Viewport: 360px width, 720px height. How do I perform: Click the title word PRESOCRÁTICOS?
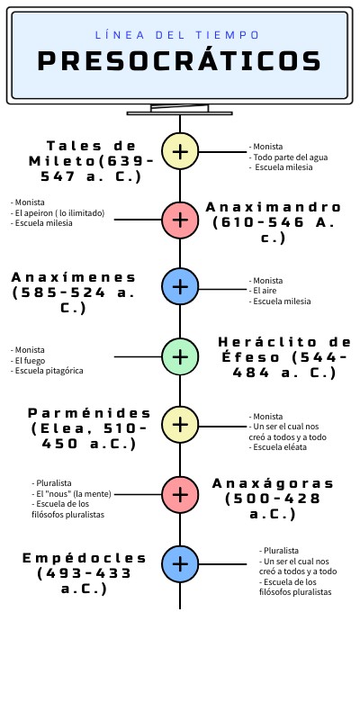click(x=179, y=60)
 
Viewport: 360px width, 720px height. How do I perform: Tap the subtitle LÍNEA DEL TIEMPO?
click(x=177, y=35)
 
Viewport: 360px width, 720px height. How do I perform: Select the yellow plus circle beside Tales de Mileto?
click(x=180, y=151)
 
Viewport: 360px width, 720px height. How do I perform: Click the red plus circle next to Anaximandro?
click(x=180, y=220)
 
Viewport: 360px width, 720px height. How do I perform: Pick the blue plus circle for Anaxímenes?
click(x=180, y=286)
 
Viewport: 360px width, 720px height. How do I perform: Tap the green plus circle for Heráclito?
click(x=180, y=356)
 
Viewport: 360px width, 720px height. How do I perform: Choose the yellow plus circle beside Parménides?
click(x=180, y=425)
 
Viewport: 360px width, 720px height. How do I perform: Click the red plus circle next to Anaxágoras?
click(x=180, y=494)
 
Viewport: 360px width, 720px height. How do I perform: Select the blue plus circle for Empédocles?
click(x=180, y=564)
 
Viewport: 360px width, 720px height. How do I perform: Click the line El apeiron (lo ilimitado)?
click(x=58, y=213)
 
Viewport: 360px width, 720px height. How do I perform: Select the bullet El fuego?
click(x=28, y=361)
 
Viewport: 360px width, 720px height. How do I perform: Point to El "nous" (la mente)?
click(x=72, y=494)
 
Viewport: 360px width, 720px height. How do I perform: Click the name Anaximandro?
click(x=274, y=207)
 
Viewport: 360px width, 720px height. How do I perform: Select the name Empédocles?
click(x=85, y=558)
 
